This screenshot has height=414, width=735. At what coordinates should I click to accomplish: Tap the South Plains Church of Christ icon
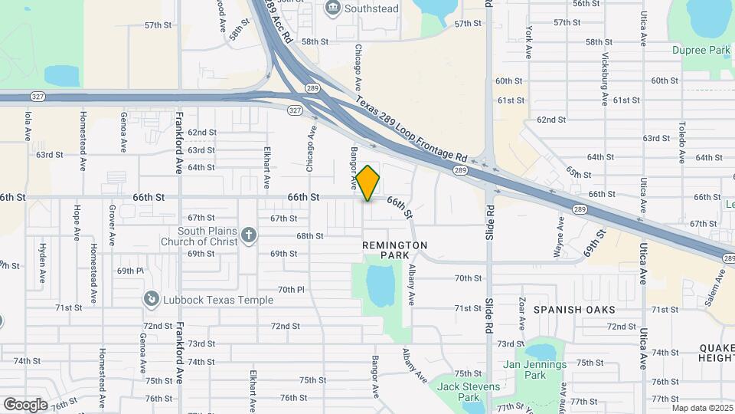pyautogui.click(x=248, y=235)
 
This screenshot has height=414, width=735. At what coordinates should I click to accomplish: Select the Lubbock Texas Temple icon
pyautogui.click(x=152, y=299)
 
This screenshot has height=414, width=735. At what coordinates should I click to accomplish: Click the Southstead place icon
pyautogui.click(x=333, y=8)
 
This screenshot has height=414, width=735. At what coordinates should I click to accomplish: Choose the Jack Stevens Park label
pyautogui.click(x=468, y=392)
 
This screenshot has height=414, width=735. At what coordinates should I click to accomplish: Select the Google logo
pyautogui.click(x=25, y=404)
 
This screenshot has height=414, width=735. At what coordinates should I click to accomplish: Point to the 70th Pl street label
pyautogui.click(x=291, y=290)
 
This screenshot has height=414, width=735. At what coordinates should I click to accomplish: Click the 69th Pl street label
pyautogui.click(x=130, y=271)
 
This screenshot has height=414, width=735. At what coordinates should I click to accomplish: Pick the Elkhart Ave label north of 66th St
pyautogui.click(x=266, y=168)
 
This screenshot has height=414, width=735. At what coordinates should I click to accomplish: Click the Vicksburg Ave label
pyautogui.click(x=604, y=80)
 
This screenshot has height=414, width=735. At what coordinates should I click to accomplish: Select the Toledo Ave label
pyautogui.click(x=681, y=146)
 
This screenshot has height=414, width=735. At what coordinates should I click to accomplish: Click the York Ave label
pyautogui.click(x=528, y=43)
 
